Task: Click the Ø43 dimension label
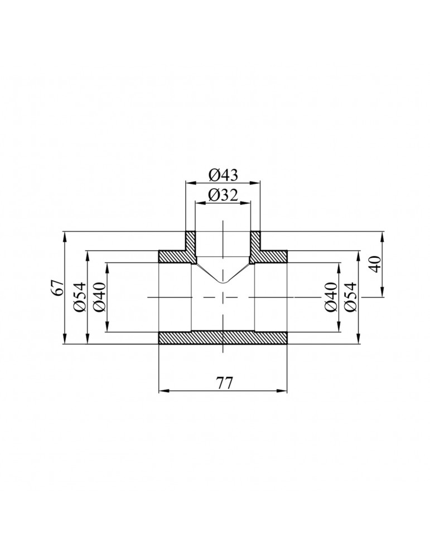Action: click(x=223, y=175)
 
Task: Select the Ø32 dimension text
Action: click(x=223, y=195)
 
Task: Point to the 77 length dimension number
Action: click(x=223, y=383)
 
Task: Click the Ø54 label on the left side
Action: click(x=79, y=298)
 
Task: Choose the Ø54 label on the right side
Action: click(x=350, y=298)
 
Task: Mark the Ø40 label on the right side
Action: click(x=331, y=298)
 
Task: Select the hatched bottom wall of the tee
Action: click(x=223, y=338)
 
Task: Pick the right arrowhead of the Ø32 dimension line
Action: click(x=248, y=202)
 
